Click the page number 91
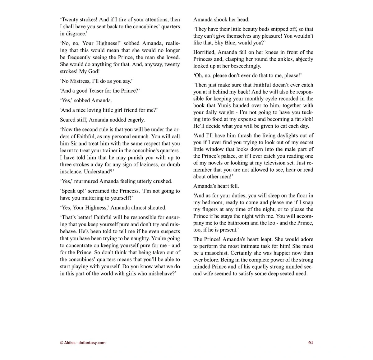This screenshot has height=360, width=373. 311,343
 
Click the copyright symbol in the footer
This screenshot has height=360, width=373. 62,343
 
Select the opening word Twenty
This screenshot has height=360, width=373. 70,20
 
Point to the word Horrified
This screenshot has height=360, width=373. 204,52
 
